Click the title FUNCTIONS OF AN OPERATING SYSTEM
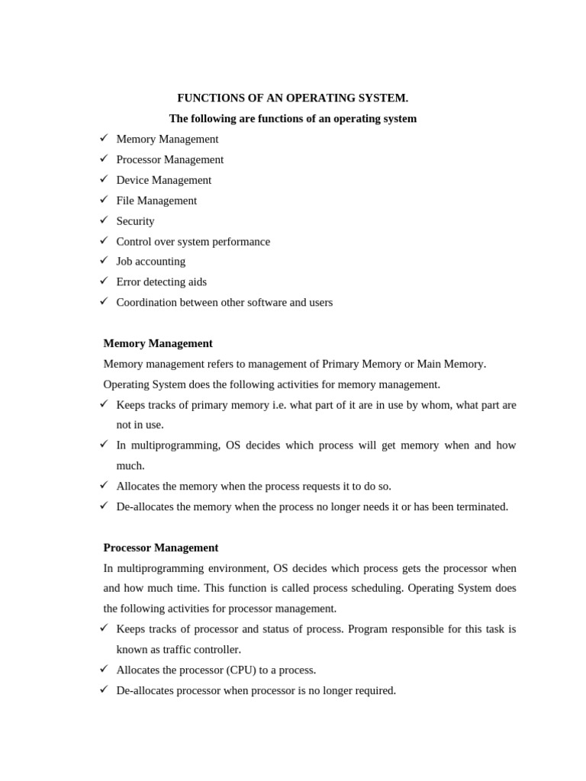[292, 98]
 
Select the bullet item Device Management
[163, 180]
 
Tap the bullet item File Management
[156, 201]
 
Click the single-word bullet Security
[135, 221]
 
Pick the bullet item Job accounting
[150, 262]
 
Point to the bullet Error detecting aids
[161, 282]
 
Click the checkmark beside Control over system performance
[104, 240]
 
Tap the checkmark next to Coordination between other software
[104, 301]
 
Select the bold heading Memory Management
[158, 343]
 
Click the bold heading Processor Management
[160, 548]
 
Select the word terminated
[478, 506]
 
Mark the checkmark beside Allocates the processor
[104, 669]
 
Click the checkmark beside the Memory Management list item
[104, 138]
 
